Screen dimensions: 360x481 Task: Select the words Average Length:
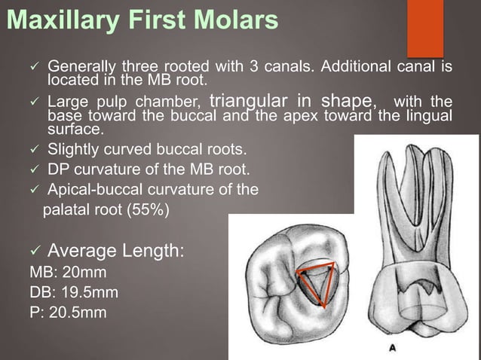[115, 249]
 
